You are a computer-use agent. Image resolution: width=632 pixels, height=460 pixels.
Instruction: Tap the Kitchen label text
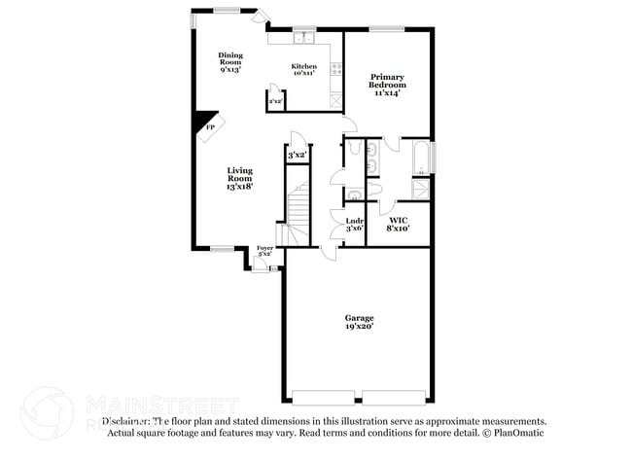(304, 70)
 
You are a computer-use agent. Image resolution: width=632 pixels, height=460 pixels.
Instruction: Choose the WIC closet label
(398, 225)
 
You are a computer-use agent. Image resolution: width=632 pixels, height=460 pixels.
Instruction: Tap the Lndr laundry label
(355, 225)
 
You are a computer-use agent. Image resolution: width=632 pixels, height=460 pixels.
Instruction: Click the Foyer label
(264, 252)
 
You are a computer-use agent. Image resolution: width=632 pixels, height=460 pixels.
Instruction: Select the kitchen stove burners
(337, 69)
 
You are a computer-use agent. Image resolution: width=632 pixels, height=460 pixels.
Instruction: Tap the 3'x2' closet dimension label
(298, 155)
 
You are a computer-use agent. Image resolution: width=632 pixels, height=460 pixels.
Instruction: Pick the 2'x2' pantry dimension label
(275, 101)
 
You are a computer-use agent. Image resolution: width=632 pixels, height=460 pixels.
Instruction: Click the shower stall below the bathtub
(420, 190)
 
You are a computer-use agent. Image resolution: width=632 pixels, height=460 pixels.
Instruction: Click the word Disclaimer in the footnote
(125, 421)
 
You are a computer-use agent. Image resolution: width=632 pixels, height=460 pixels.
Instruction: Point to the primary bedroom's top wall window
(387, 27)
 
